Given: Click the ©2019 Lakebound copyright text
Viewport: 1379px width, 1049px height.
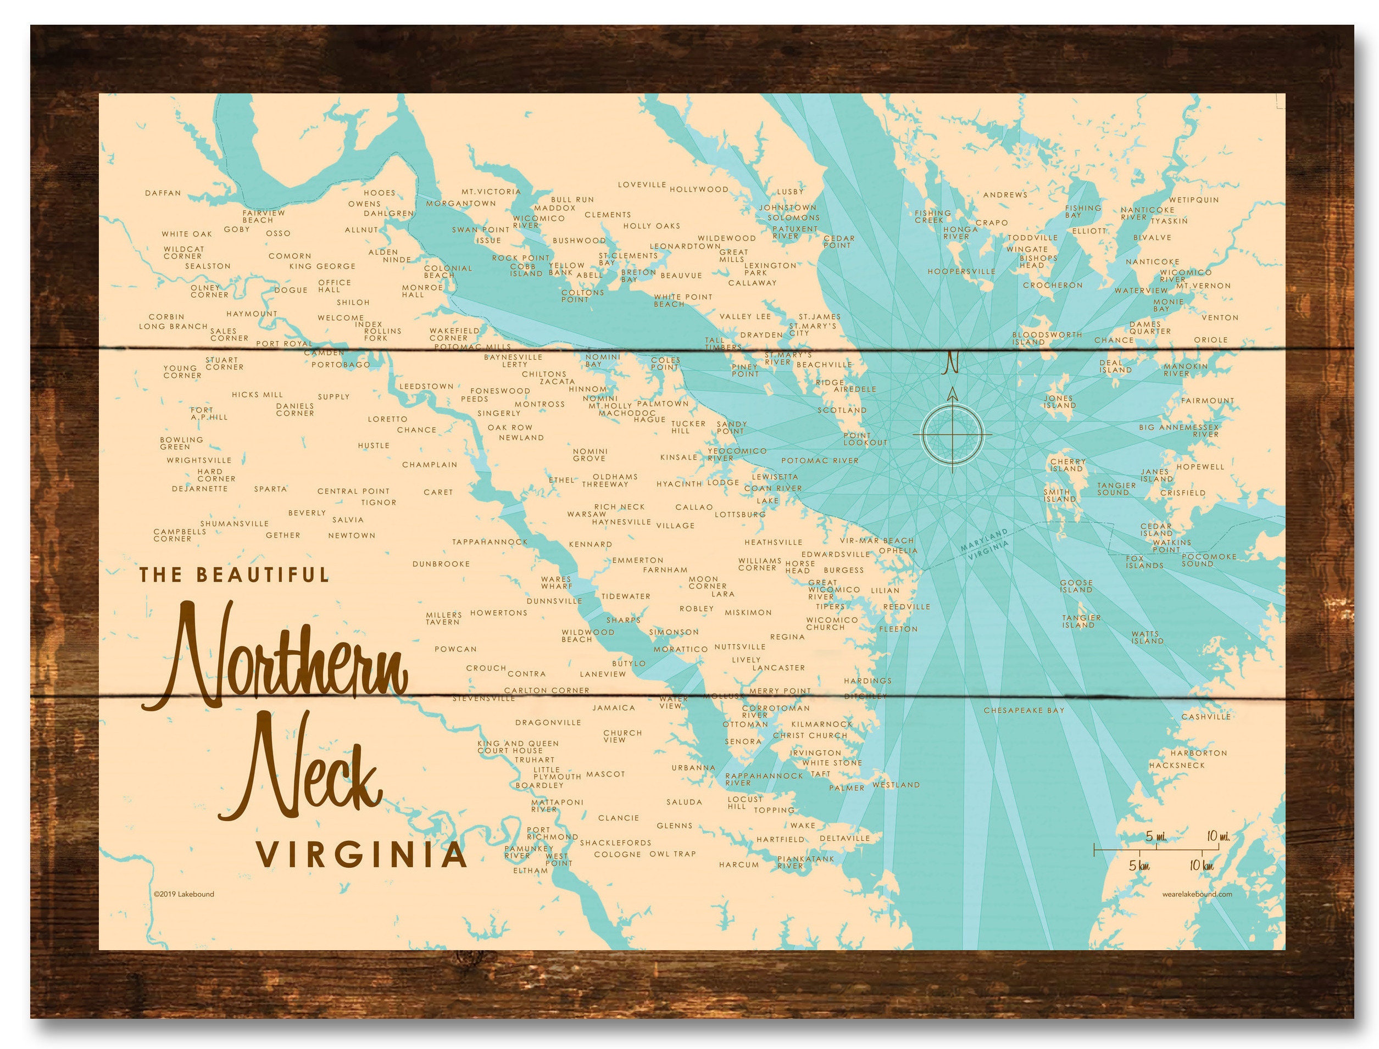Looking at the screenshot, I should pyautogui.click(x=184, y=894).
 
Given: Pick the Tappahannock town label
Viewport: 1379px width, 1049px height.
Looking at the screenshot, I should pyautogui.click(x=490, y=542).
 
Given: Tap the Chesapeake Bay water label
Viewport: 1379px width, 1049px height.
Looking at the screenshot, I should pyautogui.click(x=1024, y=710).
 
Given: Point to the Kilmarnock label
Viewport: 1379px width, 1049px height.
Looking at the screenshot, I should pyautogui.click(x=821, y=724).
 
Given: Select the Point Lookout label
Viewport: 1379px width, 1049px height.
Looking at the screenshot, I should pyautogui.click(x=865, y=439).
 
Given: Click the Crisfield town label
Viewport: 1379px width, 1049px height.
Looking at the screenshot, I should pyautogui.click(x=1182, y=493).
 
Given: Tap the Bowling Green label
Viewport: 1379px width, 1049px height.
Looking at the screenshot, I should pyautogui.click(x=181, y=443).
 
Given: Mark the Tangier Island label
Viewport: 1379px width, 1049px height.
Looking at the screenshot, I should pyautogui.click(x=1081, y=621).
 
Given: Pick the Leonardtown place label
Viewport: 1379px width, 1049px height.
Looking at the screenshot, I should pyautogui.click(x=685, y=246).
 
